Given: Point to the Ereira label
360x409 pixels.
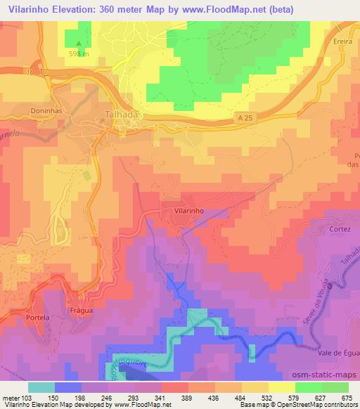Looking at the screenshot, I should click(342, 41).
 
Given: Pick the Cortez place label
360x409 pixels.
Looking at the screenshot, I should click(339, 229).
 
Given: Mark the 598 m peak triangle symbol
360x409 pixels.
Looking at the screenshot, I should click(79, 42).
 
